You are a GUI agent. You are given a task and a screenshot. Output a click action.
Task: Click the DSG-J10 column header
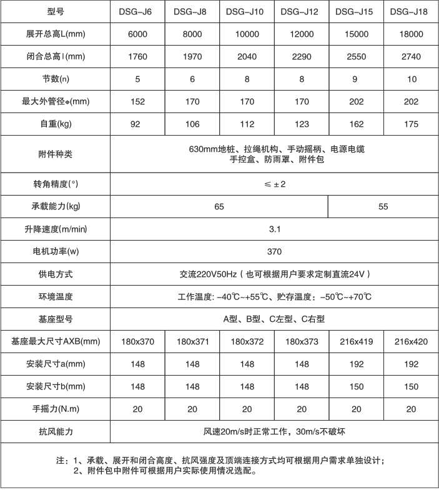[247, 12]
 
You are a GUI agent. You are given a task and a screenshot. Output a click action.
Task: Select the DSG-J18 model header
[411, 12]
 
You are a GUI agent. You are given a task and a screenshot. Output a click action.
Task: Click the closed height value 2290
[302, 56]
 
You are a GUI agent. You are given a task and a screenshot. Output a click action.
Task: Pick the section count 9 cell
[357, 79]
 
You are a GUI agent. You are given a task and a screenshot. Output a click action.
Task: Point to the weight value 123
[302, 124]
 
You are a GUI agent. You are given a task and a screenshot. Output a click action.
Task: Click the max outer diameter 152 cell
[138, 101]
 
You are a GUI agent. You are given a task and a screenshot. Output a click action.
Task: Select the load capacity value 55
[383, 206]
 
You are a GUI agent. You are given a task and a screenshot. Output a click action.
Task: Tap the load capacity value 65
[219, 206]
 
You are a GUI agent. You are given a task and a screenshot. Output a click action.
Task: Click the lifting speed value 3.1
[274, 229]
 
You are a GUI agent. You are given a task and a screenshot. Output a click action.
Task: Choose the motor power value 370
[274, 251]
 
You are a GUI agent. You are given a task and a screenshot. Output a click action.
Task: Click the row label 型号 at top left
[56, 12]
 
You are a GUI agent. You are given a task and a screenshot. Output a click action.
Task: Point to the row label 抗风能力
[56, 431]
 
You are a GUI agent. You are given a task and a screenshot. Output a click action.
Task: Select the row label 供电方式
[56, 274]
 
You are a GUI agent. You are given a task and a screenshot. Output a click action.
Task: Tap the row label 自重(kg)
[56, 124]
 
